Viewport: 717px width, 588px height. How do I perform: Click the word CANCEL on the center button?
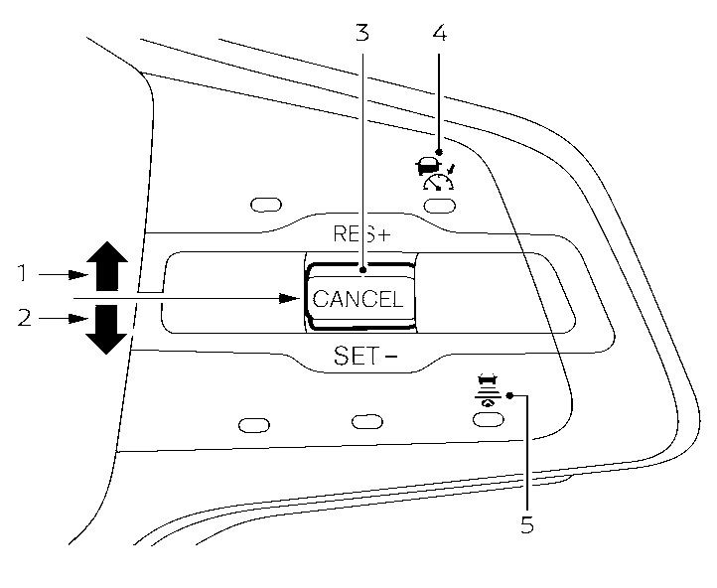click(x=358, y=299)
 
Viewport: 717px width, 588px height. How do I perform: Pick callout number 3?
click(x=362, y=33)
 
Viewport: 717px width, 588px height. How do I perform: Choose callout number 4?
click(x=440, y=33)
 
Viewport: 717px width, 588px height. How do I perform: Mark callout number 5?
click(x=527, y=523)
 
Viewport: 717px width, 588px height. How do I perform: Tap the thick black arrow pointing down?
click(x=106, y=330)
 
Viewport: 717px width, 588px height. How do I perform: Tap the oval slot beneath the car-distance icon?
click(x=486, y=420)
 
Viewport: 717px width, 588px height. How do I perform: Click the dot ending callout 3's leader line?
click(x=363, y=268)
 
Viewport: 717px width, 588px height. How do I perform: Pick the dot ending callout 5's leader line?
click(x=509, y=396)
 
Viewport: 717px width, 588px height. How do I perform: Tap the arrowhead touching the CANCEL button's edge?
click(x=291, y=296)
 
